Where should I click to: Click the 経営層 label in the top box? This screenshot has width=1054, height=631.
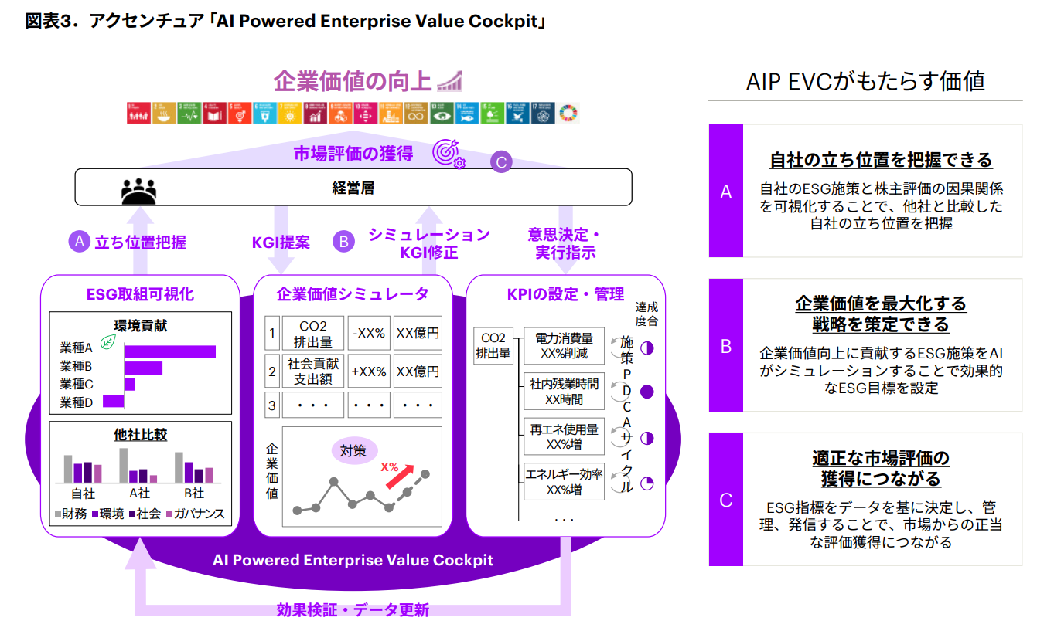(x=353, y=187)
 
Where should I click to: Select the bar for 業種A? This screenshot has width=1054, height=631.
(x=169, y=351)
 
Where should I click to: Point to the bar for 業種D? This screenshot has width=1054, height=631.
(x=113, y=400)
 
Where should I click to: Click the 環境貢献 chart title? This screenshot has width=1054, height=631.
(x=140, y=325)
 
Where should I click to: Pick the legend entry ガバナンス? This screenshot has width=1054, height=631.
(x=194, y=514)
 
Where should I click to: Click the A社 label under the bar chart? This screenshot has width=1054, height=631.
(x=139, y=493)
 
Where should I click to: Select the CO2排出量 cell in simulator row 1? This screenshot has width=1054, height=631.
(x=312, y=333)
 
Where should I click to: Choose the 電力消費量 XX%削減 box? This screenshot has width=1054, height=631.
(x=564, y=346)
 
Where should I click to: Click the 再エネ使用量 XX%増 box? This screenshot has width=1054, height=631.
(x=564, y=436)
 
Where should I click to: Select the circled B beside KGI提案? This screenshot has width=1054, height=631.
(x=343, y=242)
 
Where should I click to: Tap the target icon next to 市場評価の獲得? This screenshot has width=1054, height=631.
(x=448, y=153)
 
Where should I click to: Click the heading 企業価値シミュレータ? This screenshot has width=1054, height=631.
(x=352, y=294)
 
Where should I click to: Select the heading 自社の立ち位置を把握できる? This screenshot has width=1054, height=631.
(x=881, y=160)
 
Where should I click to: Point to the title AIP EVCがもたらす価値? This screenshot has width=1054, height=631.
(x=865, y=82)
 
